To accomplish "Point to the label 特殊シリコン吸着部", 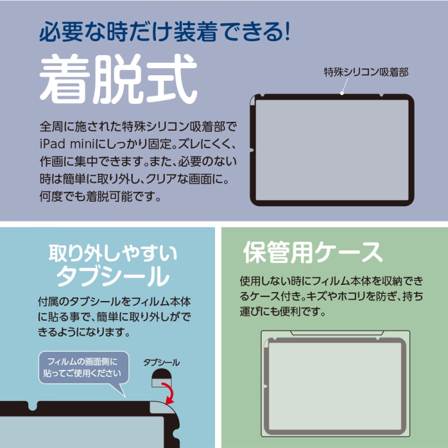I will pyautogui.click(x=366, y=72).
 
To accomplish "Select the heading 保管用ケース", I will pyautogui.click(x=312, y=253).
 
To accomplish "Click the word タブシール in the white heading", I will pyautogui.click(x=112, y=277).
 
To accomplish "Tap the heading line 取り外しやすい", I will pyautogui.click(x=112, y=253).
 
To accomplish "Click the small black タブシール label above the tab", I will pyautogui.click(x=161, y=362).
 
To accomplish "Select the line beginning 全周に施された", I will pyautogui.click(x=138, y=127).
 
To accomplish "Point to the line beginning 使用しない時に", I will pyautogui.click(x=334, y=280).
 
